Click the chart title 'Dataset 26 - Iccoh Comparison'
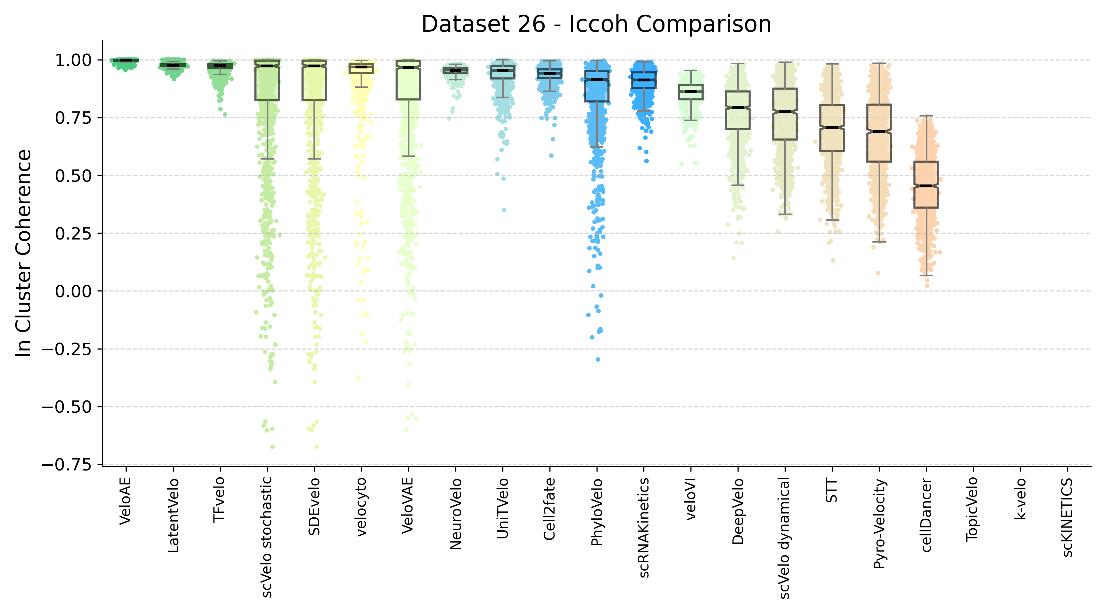pos(596,24)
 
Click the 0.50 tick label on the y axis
pos(73,176)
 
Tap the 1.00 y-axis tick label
pos(73,60)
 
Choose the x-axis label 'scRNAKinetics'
pos(644,528)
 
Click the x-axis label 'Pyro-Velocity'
pos(879,524)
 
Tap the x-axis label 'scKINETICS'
pos(1067,518)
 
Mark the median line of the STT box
pos(832,127)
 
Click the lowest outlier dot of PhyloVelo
pos(598,359)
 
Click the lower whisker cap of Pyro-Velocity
pos(879,242)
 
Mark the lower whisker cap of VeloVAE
pos(408,156)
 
